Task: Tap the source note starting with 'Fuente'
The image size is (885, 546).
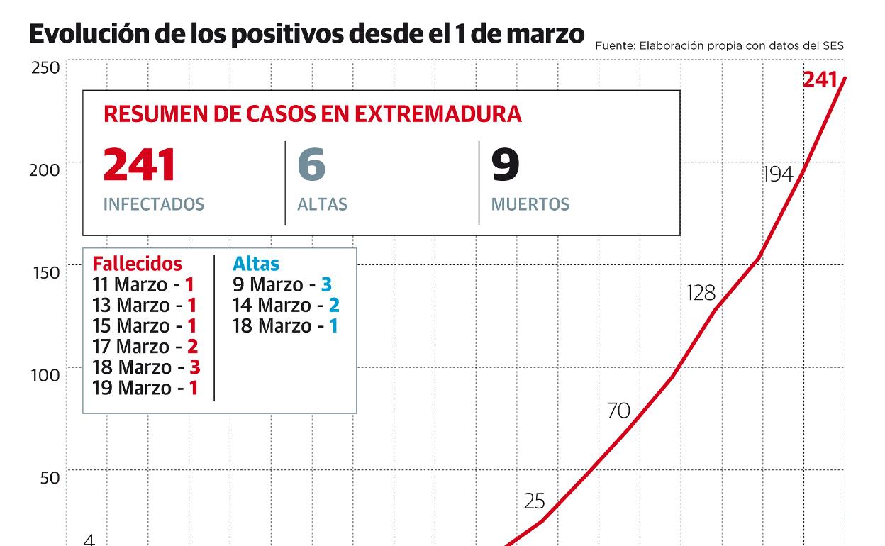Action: (719, 45)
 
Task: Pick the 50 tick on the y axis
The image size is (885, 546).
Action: (48, 478)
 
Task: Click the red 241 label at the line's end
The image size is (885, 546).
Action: (820, 80)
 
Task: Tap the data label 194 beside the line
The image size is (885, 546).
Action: (777, 174)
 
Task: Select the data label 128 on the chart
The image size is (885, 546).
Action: (701, 293)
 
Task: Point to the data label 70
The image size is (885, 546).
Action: (618, 411)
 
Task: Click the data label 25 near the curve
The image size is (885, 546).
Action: (534, 501)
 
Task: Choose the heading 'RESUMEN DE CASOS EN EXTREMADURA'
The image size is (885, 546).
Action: (313, 114)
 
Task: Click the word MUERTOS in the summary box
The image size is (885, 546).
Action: (530, 205)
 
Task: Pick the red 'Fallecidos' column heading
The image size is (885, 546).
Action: (137, 264)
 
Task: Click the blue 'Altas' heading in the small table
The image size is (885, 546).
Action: (256, 264)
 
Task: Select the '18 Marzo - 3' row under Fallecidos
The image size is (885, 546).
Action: (145, 367)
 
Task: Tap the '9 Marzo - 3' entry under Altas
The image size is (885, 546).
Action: (282, 285)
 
